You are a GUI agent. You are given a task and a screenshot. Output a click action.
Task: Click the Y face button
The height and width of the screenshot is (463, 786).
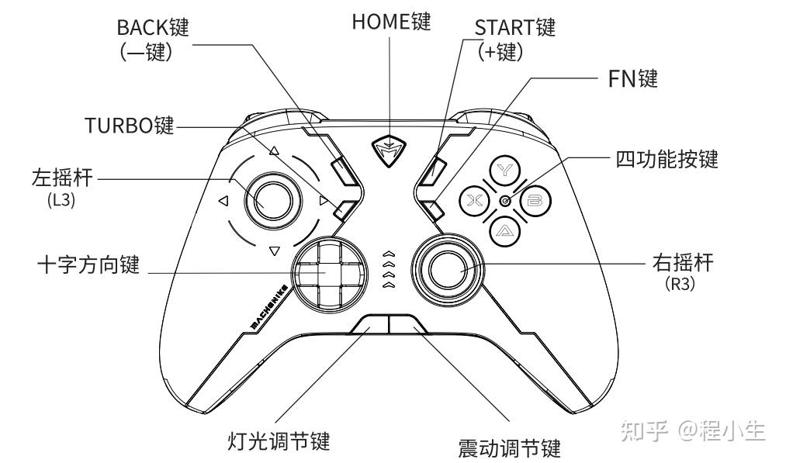click(x=506, y=169)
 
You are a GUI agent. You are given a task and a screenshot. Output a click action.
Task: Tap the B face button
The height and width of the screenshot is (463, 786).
click(x=535, y=201)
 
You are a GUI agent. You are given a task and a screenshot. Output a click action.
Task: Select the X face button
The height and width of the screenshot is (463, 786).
click(x=475, y=202)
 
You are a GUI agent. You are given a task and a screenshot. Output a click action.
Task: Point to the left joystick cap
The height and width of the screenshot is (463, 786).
click(x=268, y=201)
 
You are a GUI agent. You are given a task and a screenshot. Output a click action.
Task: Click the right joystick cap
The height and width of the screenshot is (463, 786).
click(x=446, y=269)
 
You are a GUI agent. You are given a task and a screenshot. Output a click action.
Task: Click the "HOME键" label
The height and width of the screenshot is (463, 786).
click(x=390, y=22)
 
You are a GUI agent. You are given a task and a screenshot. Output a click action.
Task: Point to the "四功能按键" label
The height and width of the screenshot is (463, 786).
click(x=667, y=159)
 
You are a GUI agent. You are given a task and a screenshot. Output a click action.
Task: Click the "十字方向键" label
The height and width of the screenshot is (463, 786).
click(x=88, y=264)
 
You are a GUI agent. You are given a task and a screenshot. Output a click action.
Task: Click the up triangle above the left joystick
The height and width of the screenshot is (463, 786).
click(x=274, y=152)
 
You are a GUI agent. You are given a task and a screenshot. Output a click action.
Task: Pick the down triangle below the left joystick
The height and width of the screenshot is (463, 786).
click(x=273, y=251)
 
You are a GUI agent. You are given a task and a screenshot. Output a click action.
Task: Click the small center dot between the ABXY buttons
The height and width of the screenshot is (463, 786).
click(x=505, y=201)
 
